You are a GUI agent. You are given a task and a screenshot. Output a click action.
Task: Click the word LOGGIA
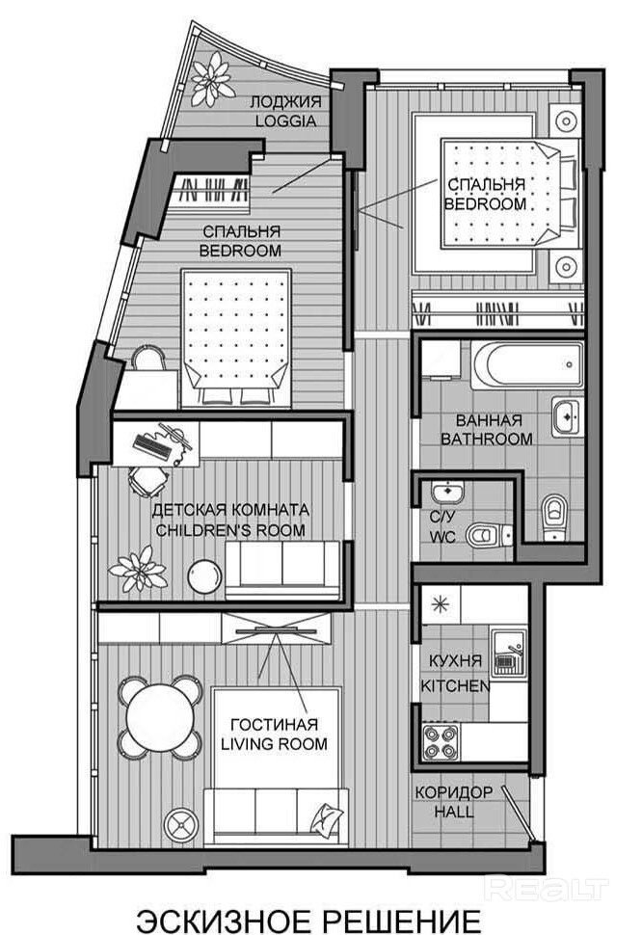point(285,120)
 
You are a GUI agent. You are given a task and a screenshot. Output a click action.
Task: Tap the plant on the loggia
point(212,79)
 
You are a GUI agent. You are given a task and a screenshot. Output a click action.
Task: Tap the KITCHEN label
point(455,685)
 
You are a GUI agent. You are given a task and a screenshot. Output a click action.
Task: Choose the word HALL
point(454,811)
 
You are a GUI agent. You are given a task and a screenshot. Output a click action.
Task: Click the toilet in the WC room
point(488,534)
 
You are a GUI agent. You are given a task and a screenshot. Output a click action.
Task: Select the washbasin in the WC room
point(446,493)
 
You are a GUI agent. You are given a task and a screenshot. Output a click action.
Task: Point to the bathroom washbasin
point(566,416)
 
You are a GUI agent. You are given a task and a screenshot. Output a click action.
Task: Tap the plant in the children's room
point(138,569)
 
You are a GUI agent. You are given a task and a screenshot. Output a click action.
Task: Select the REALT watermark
point(546,889)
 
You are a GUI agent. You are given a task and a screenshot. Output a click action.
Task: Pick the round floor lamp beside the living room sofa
point(181,825)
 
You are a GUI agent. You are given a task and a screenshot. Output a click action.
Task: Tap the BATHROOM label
point(487,439)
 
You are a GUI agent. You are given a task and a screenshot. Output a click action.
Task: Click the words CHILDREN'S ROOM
point(230,530)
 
